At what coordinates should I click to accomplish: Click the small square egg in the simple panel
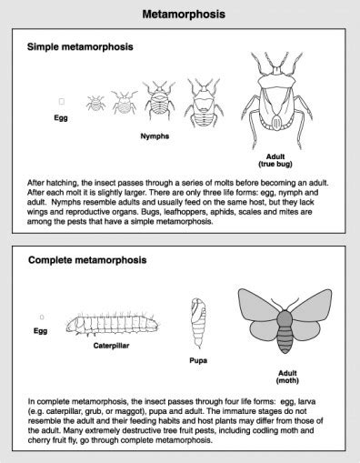(61, 102)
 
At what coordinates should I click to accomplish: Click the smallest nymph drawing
(93, 105)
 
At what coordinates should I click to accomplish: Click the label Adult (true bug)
(270, 160)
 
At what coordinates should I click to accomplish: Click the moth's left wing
(257, 314)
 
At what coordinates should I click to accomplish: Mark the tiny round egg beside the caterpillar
(41, 316)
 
